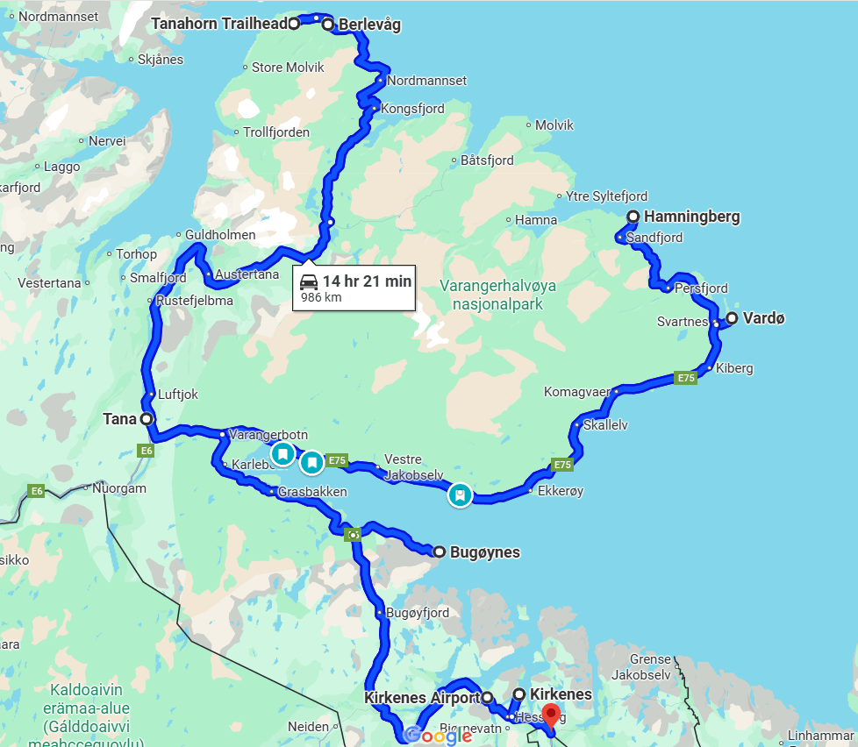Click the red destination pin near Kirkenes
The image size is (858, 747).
(551, 715)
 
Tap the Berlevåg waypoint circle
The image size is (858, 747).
(328, 25)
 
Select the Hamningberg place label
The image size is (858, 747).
(691, 217)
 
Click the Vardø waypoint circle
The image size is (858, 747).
(731, 318)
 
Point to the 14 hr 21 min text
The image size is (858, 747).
(367, 281)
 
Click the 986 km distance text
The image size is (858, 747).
(321, 298)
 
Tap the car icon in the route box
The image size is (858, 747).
(309, 281)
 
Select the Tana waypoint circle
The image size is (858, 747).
(147, 420)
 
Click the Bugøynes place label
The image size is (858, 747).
(484, 552)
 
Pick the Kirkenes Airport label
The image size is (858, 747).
(420, 698)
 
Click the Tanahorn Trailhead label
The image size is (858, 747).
(219, 25)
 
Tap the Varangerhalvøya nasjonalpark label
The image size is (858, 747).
(497, 295)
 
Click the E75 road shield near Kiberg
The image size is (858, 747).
(685, 378)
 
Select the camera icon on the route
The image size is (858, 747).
(353, 534)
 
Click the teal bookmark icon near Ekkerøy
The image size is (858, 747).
(459, 495)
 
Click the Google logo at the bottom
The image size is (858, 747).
(439, 735)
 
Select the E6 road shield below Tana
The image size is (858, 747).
(147, 451)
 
